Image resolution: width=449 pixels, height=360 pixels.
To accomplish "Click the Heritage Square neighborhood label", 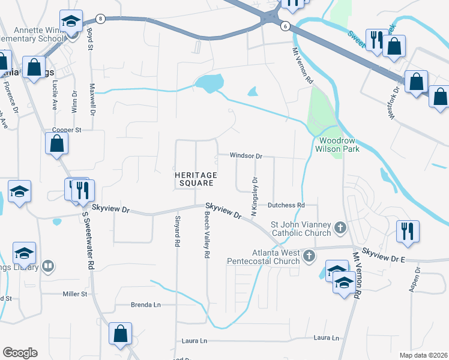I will (x=194, y=179).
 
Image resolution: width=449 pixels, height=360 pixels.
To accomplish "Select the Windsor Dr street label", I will (x=246, y=156).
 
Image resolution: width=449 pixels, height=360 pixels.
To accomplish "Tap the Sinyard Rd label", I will (x=177, y=231).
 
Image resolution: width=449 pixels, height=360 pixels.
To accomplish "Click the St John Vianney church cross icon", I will (x=340, y=227).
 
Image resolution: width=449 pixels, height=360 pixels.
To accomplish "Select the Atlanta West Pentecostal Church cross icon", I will (x=309, y=256).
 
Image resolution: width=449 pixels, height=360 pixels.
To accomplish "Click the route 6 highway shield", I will (x=285, y=25).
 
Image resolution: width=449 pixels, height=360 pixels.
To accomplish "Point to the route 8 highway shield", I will (x=101, y=19).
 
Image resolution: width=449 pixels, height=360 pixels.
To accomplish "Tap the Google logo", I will (x=20, y=353).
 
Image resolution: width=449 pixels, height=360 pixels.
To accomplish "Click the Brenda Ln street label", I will (x=146, y=305).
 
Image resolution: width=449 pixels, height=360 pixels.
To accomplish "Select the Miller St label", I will (x=76, y=294).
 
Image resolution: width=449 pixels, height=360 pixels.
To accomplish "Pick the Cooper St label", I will (x=67, y=130).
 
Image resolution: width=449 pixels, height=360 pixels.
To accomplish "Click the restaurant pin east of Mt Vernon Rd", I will (x=408, y=232).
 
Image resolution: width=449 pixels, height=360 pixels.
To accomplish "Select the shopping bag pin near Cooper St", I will (x=56, y=144).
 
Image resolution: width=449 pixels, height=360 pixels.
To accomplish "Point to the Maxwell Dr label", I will (x=92, y=102).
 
